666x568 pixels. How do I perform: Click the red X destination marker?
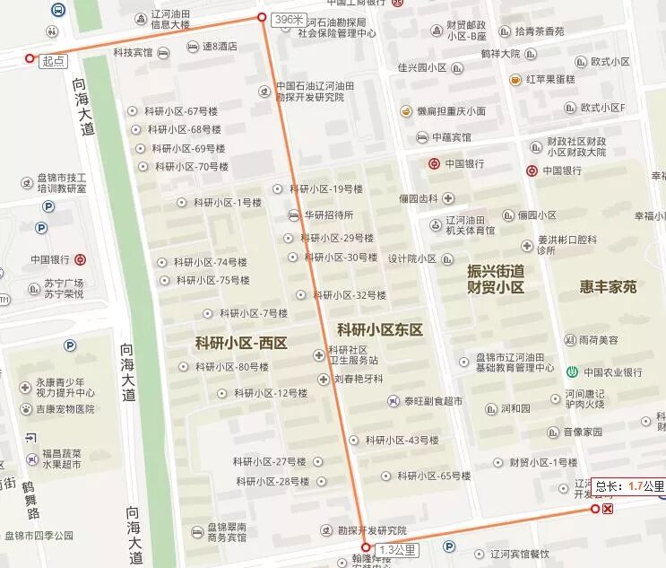pos(609,509)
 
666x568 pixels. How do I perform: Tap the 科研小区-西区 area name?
pos(241,342)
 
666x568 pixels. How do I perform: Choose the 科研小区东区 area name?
pos(380,329)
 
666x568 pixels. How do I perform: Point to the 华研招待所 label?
pos(328,215)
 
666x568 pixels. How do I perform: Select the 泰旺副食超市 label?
pos(433,401)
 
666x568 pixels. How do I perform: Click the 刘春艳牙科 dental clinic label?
pos(358,379)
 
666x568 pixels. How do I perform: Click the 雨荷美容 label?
pos(598,340)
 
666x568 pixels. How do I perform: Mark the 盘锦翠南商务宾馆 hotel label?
pos(239,533)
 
